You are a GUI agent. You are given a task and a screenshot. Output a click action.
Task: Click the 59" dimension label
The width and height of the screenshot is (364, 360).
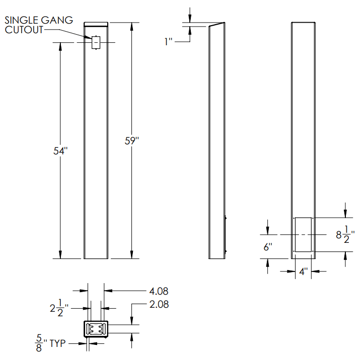point(131,141)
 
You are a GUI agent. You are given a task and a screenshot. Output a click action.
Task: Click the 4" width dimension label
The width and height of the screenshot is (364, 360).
point(303,272)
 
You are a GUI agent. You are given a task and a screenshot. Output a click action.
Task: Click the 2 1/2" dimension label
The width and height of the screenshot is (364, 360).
point(60,308)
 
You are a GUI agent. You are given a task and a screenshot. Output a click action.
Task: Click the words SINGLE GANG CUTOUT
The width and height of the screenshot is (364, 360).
point(38,25)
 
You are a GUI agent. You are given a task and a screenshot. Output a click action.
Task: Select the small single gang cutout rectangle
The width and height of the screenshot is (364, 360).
point(96,43)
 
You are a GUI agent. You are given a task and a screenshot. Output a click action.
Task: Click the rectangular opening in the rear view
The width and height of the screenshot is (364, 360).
point(303,235)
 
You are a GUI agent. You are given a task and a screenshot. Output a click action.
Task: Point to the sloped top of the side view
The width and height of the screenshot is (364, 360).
point(216,25)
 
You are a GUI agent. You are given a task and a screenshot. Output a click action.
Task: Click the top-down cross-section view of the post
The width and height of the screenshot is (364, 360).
point(96,329)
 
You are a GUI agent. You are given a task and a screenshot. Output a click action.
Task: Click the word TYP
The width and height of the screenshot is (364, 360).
point(58,344)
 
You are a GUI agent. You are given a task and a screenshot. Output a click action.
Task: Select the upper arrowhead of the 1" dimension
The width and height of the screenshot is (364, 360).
point(190,20)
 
